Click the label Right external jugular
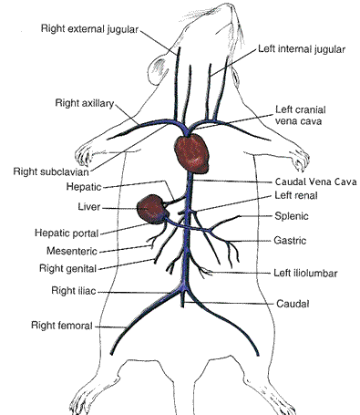89,28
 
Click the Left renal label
296,196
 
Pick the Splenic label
293,216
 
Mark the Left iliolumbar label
306,271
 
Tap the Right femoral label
61,325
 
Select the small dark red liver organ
151,210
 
